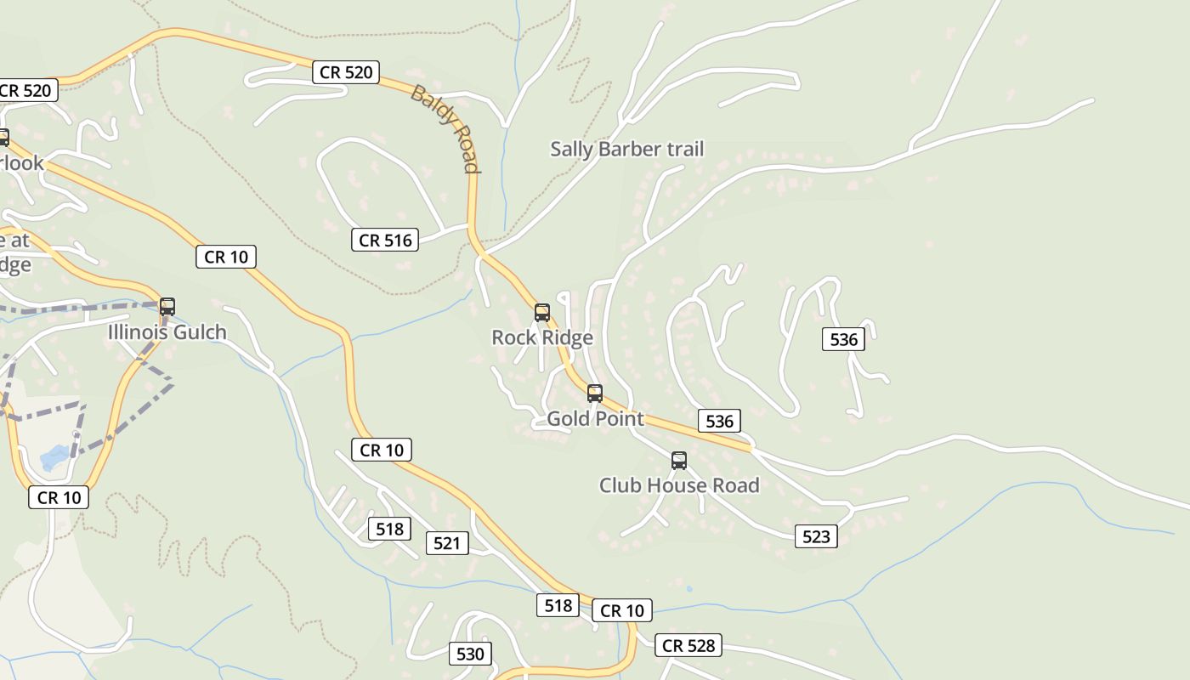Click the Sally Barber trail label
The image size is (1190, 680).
click(x=626, y=150)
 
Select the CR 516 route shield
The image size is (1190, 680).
click(x=385, y=241)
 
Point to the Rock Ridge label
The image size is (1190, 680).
click(x=541, y=338)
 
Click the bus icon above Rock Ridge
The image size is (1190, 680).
click(x=541, y=313)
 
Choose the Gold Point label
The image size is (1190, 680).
click(x=595, y=419)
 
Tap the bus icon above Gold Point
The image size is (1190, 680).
click(x=595, y=394)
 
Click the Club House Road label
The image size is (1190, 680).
click(x=678, y=485)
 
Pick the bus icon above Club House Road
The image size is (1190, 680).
click(x=678, y=461)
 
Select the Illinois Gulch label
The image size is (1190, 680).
click(x=167, y=332)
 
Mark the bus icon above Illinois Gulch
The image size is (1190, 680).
click(x=167, y=307)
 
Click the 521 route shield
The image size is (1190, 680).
click(x=446, y=543)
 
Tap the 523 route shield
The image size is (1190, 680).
click(x=816, y=536)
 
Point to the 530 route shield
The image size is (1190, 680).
click(x=470, y=654)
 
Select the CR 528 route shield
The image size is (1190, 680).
click(x=688, y=645)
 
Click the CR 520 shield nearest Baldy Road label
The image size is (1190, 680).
click(x=345, y=72)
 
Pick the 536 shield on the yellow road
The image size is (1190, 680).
click(x=719, y=421)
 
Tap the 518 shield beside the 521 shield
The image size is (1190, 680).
click(x=389, y=530)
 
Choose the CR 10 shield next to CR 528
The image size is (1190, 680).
click(x=621, y=610)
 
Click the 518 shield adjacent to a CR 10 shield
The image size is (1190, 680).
click(x=558, y=605)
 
